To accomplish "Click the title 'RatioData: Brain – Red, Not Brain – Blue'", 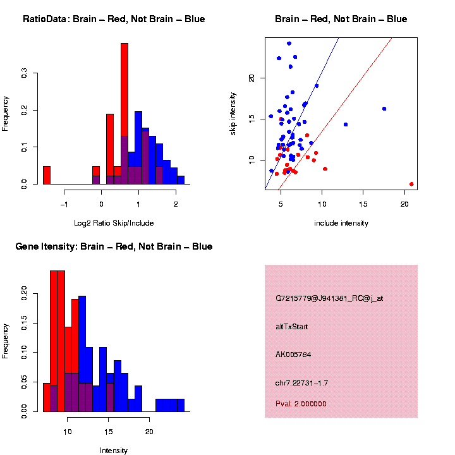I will point(114,19).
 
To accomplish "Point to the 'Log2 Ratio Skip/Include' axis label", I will point(114,223).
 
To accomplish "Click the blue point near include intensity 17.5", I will point(384,109).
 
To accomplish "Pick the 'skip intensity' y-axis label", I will point(233,114).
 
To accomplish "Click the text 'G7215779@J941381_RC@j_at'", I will point(329,298).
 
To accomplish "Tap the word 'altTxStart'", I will point(292,327).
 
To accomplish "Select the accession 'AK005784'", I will point(293,355).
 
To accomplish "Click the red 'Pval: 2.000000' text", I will point(301,404).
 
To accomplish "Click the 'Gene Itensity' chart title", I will point(114,246).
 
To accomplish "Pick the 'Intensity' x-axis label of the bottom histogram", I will point(114,451).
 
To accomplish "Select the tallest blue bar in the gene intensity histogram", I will point(82,354).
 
